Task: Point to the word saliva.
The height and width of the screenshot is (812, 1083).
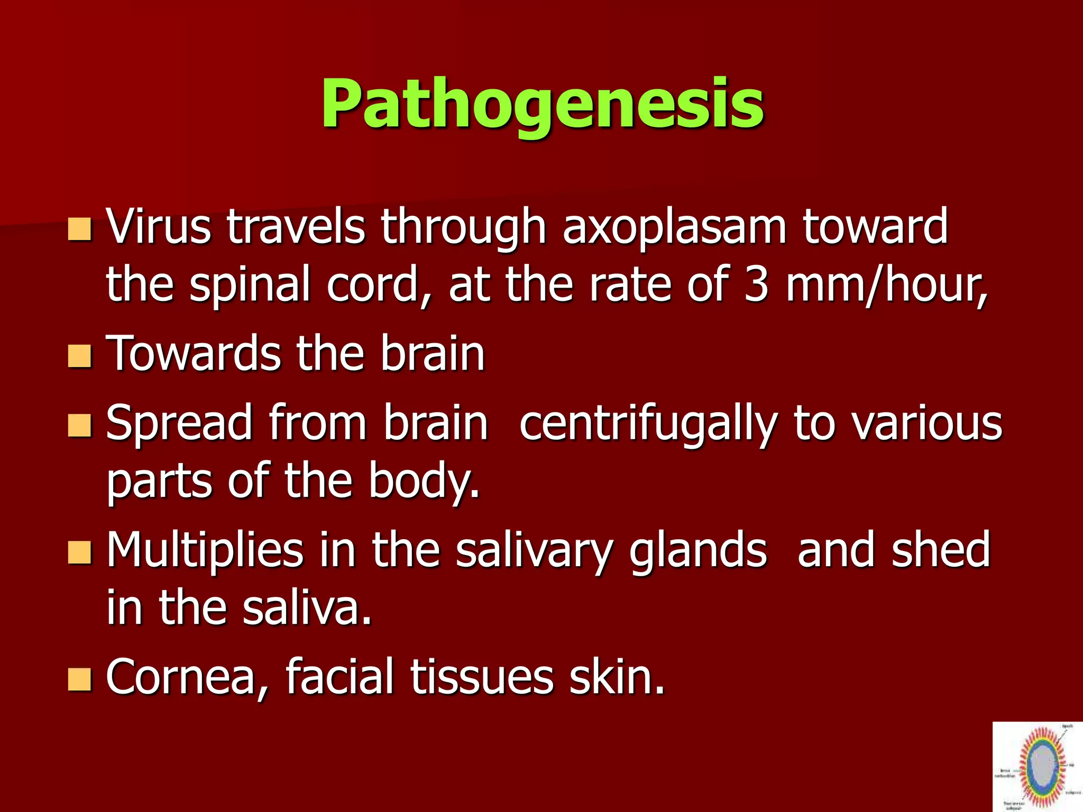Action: [307, 608]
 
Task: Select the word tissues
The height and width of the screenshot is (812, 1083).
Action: [482, 678]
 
